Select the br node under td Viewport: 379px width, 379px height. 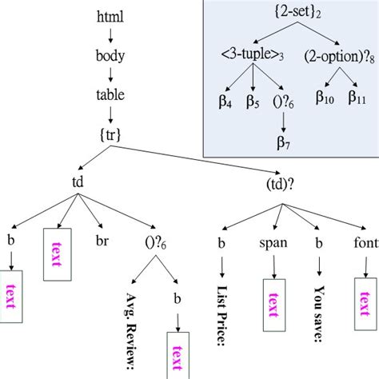click(101, 238)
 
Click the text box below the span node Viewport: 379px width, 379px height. click(274, 304)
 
